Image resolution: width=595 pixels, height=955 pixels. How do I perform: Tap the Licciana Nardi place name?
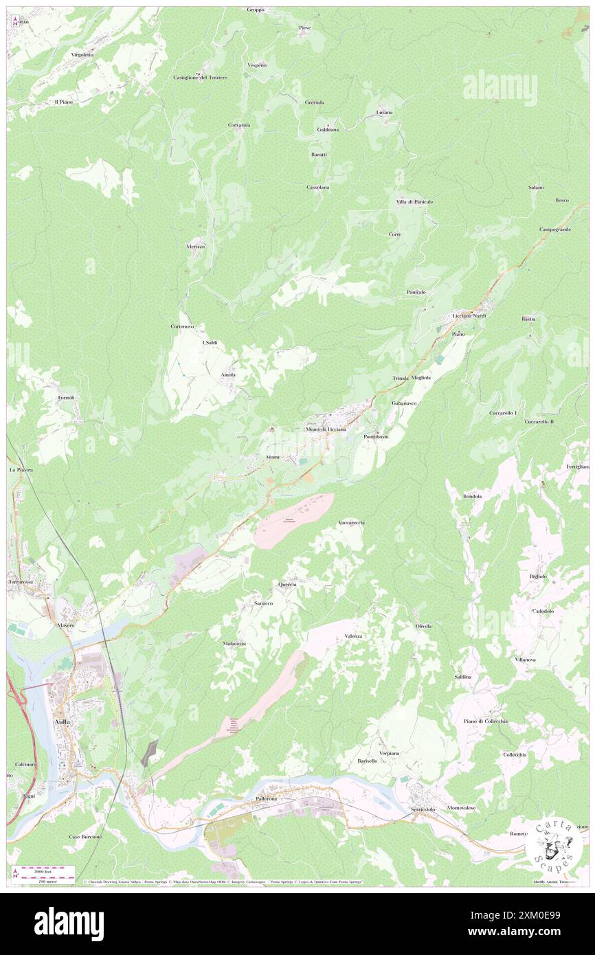tap(469, 315)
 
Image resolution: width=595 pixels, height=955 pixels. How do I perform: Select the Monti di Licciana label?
tap(326, 429)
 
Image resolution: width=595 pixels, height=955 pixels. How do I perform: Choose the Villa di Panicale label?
tap(414, 201)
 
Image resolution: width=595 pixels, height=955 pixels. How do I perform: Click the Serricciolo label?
tap(423, 809)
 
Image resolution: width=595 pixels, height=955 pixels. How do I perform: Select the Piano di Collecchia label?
tap(485, 721)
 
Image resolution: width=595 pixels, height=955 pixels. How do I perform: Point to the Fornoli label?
tap(67, 398)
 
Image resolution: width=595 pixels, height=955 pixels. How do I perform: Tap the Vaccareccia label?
tap(351, 523)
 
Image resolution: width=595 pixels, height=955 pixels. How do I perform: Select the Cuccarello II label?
tap(546, 421)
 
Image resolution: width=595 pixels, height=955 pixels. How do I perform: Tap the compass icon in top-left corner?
tap(15, 21)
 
